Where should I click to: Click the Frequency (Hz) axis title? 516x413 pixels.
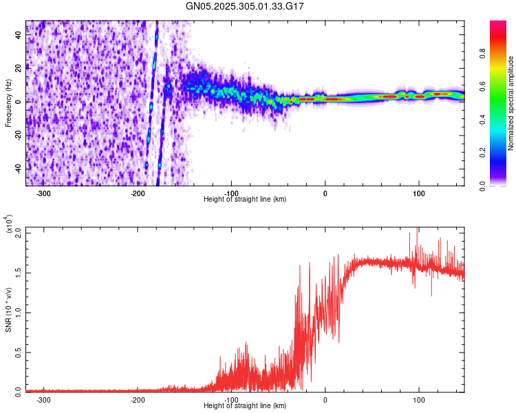[8, 103]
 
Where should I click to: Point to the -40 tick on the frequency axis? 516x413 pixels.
[19, 169]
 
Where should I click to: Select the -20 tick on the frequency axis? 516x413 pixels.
[19, 135]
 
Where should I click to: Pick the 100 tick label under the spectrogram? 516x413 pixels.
[418, 192]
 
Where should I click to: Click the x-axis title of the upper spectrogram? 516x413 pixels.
[246, 199]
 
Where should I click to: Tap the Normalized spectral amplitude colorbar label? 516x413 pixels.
[511, 103]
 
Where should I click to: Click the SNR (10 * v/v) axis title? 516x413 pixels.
[8, 310]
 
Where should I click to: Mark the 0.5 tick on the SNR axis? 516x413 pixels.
[19, 352]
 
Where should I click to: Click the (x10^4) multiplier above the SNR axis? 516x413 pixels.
[8, 224]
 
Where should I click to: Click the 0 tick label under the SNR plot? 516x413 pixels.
[325, 399]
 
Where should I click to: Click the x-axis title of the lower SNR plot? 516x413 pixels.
[246, 405]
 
